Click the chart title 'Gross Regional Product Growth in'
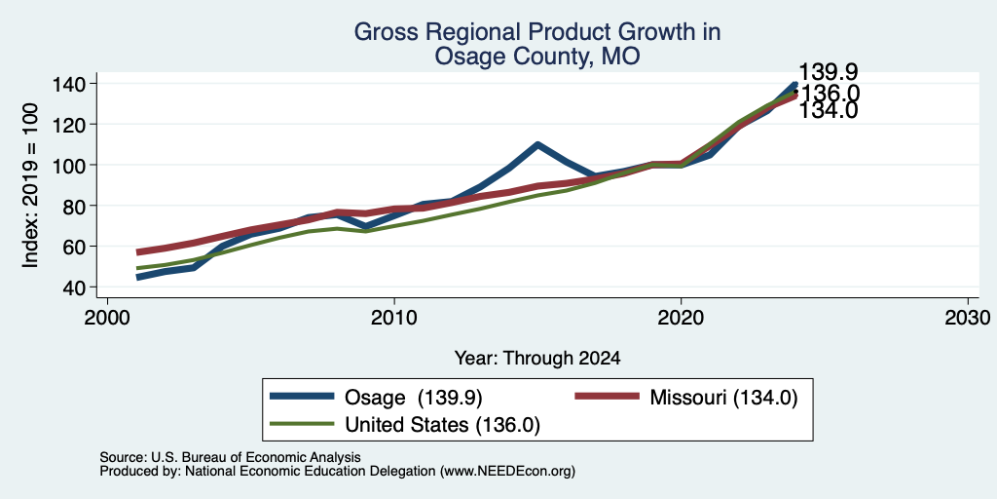(537, 32)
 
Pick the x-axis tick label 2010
(394, 317)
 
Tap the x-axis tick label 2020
(681, 317)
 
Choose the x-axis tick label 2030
(968, 317)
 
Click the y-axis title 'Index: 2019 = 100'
(30, 185)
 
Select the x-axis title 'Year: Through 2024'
(537, 359)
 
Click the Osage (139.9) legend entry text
(413, 398)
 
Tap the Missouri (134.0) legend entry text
(723, 398)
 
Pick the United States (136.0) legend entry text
(443, 425)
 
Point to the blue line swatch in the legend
(302, 397)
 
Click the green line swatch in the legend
(302, 423)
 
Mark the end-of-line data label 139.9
(829, 71)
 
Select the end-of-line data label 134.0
(829, 111)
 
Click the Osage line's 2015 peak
(537, 144)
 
